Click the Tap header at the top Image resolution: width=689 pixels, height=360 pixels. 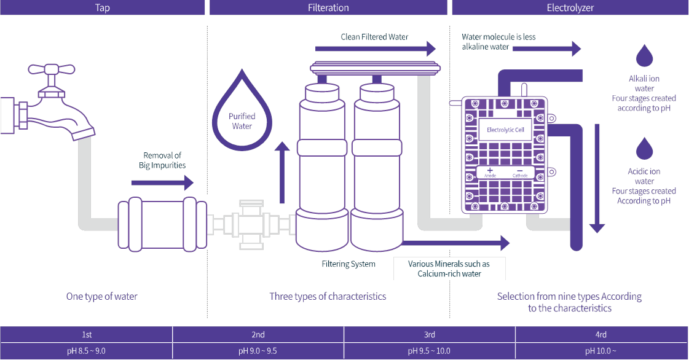[103, 7]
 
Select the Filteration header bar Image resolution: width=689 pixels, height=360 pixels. [328, 7]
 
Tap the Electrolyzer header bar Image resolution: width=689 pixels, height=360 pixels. [570, 7]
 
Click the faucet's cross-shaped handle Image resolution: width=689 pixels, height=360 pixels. [52, 69]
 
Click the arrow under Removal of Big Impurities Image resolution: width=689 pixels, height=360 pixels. [163, 182]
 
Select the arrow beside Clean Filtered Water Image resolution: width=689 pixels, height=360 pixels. [376, 49]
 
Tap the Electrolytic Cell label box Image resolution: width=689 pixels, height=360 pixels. [505, 130]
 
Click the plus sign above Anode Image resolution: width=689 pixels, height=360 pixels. [490, 170]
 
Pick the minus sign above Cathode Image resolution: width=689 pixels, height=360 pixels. [520, 171]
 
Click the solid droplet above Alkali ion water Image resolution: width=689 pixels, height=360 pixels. [644, 55]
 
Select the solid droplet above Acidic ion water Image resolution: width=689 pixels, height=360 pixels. [644, 149]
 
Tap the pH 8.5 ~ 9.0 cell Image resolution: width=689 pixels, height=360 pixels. [86, 351]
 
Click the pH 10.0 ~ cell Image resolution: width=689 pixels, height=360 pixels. [602, 351]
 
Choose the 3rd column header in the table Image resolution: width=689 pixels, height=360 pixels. [429, 335]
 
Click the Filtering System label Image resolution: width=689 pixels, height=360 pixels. [348, 264]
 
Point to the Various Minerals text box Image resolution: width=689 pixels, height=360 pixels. [449, 268]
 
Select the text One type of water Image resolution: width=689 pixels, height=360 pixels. [102, 296]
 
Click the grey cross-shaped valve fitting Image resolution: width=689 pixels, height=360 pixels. [251, 225]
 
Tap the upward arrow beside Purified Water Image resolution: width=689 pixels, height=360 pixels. [282, 173]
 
